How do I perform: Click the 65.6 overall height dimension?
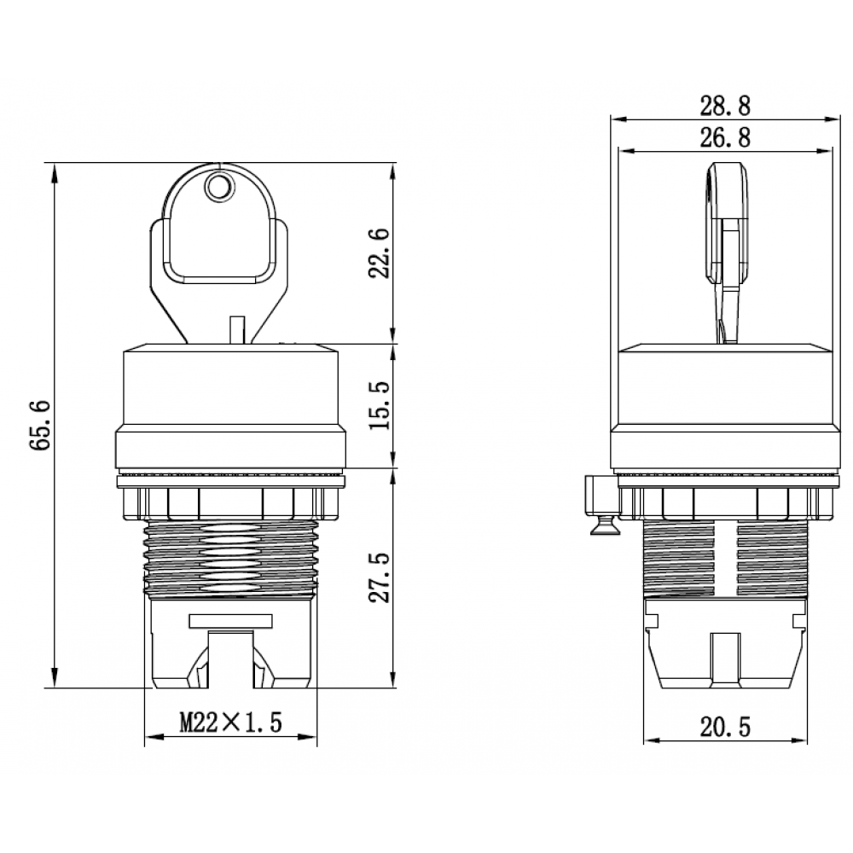(40, 425)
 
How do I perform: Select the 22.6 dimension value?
(380, 253)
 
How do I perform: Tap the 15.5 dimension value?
(380, 405)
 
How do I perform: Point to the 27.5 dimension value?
(380, 577)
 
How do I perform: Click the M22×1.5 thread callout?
(231, 722)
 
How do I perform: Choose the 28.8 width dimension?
(725, 106)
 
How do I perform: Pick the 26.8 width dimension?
(725, 137)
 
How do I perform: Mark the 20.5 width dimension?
(725, 727)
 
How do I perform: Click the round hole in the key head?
(218, 188)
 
